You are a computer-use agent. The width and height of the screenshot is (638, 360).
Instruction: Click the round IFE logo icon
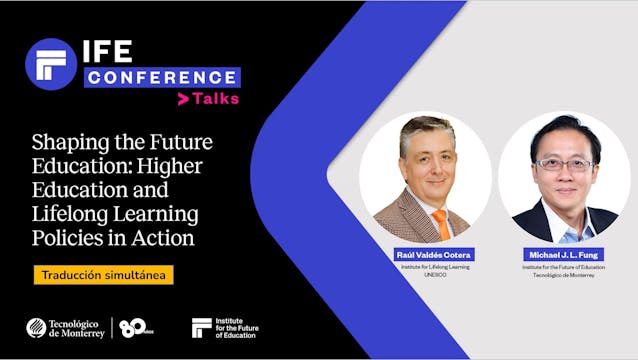pyautogui.click(x=51, y=64)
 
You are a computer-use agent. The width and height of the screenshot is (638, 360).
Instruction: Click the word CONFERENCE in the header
pyautogui.click(x=162, y=77)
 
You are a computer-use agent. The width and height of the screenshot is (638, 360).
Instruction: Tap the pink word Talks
pyautogui.click(x=216, y=99)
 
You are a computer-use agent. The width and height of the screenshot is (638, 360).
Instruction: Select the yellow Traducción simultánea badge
pyautogui.click(x=103, y=274)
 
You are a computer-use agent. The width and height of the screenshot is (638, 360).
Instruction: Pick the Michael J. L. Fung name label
pyautogui.click(x=564, y=255)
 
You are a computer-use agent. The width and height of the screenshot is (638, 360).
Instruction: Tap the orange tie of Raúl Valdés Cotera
pyautogui.click(x=440, y=223)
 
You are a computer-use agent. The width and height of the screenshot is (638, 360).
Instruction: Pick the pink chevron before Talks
pyautogui.click(x=183, y=99)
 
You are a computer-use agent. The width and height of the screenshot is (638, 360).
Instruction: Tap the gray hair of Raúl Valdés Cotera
pyautogui.click(x=427, y=129)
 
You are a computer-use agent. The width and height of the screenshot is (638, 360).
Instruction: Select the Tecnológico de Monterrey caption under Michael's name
pyautogui.click(x=564, y=273)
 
